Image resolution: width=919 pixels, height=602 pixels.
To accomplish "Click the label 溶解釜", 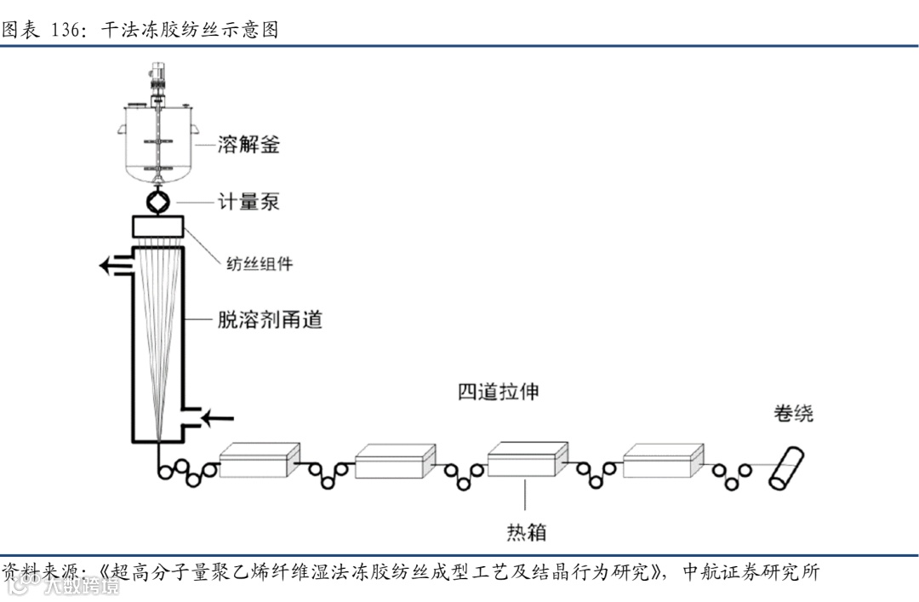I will [x=248, y=145].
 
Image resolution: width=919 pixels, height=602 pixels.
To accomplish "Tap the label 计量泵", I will [x=248, y=203].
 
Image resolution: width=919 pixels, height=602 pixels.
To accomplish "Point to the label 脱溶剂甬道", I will [x=270, y=320].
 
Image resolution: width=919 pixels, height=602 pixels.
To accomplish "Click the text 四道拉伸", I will [x=498, y=393].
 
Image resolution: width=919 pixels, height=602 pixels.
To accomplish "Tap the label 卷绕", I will [x=793, y=414].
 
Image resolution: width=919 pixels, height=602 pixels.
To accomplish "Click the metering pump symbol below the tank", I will [x=159, y=203].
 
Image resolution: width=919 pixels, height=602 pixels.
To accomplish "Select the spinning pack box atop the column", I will [x=159, y=226].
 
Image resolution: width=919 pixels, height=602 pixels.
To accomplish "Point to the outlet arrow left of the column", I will [x=115, y=266].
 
